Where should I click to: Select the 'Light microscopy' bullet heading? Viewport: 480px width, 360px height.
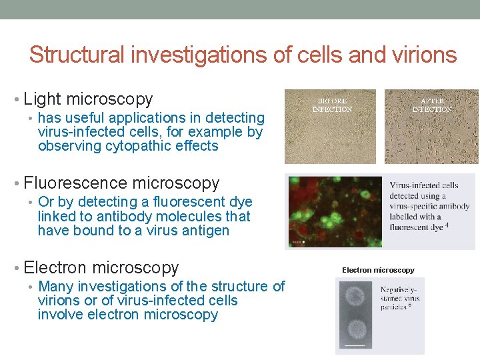click(88, 99)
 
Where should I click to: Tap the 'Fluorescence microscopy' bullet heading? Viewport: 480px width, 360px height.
click(121, 183)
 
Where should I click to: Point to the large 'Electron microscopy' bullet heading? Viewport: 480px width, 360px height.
click(101, 268)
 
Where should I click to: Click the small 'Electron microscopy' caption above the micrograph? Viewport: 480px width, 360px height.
click(378, 270)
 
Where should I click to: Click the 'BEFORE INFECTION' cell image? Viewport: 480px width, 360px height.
click(329, 127)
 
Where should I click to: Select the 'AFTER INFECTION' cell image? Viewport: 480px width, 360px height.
click(431, 127)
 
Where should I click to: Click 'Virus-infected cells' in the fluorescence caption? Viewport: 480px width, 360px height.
click(424, 185)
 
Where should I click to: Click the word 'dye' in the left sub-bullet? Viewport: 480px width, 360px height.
click(239, 202)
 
